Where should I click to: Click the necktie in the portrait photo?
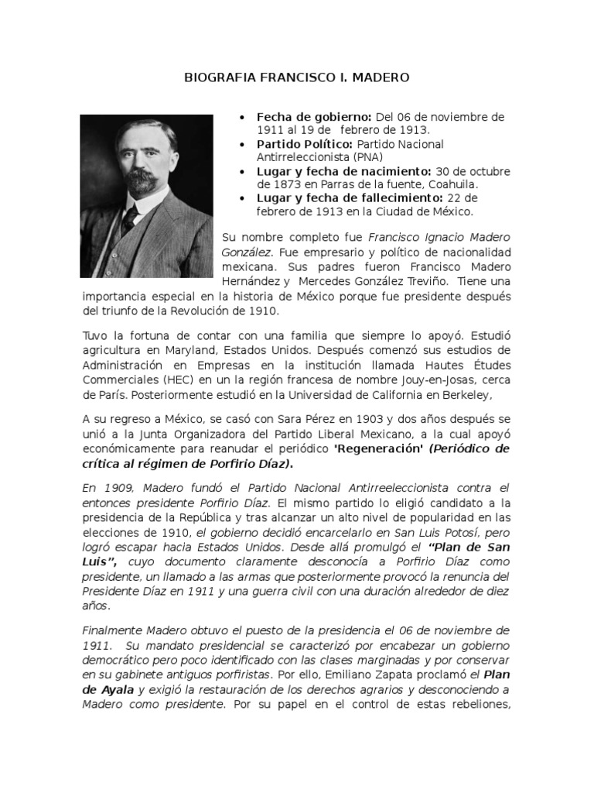tap(130, 218)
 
